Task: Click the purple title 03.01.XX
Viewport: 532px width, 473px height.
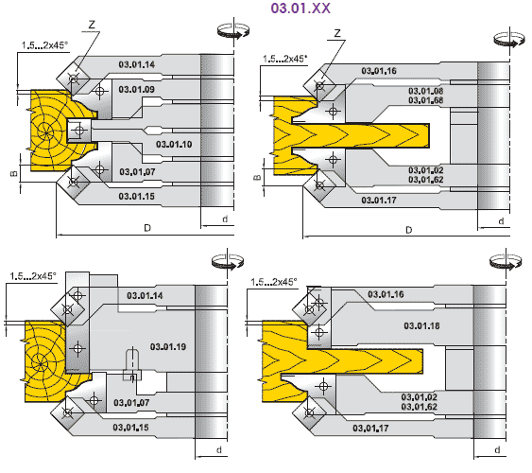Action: point(300,9)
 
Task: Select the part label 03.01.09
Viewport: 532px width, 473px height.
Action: point(136,89)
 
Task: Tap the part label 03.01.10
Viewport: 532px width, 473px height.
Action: point(174,145)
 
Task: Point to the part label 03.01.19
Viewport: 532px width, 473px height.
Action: point(168,346)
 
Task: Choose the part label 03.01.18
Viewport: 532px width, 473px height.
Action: point(421,326)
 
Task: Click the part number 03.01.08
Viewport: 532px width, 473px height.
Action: point(425,91)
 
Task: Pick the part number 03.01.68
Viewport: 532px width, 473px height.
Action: point(425,100)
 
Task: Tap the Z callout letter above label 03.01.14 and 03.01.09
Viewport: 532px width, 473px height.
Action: point(92,25)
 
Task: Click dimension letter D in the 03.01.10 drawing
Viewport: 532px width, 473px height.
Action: point(147,228)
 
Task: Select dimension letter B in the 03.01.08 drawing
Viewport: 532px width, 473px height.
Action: point(258,177)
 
